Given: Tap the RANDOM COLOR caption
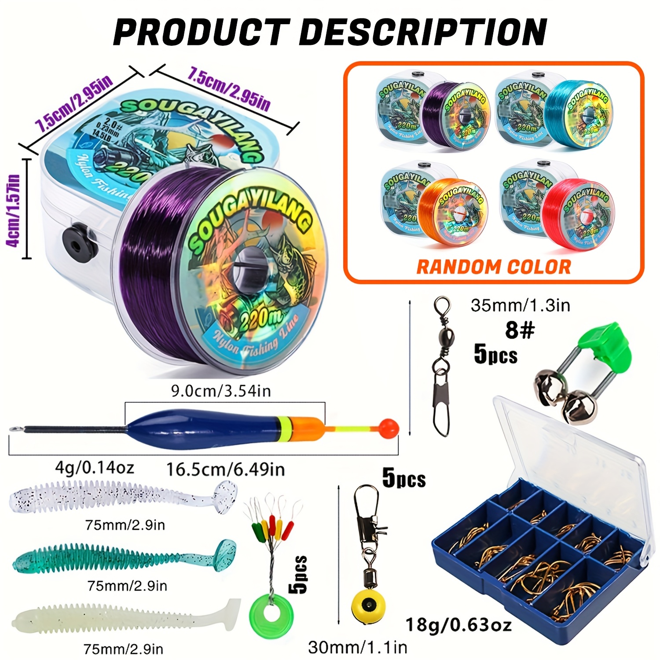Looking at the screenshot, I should click(493, 267).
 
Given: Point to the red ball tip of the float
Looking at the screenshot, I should click(388, 427).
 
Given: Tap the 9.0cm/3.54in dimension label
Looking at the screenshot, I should click(221, 391).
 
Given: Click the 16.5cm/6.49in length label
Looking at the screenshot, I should click(225, 470).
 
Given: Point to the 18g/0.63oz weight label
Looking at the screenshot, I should click(458, 625).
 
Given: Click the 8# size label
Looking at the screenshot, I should click(519, 330).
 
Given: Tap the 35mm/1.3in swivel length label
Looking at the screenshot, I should click(520, 305).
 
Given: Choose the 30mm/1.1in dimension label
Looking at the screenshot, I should click(357, 647).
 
